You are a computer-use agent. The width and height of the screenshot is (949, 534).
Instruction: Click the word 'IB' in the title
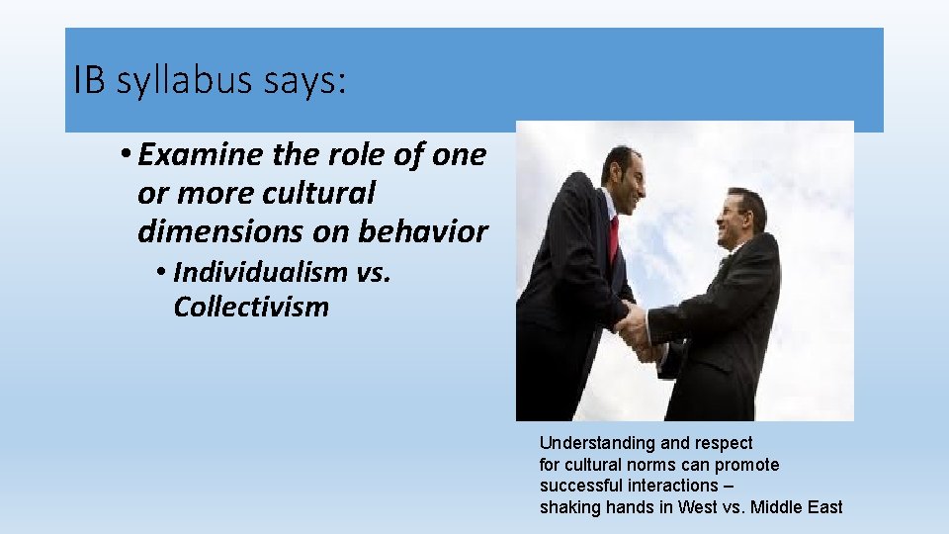click(x=89, y=81)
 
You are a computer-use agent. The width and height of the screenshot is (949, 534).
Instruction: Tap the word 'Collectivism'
click(x=251, y=307)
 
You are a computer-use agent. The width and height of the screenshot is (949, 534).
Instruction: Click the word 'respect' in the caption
click(x=725, y=443)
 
